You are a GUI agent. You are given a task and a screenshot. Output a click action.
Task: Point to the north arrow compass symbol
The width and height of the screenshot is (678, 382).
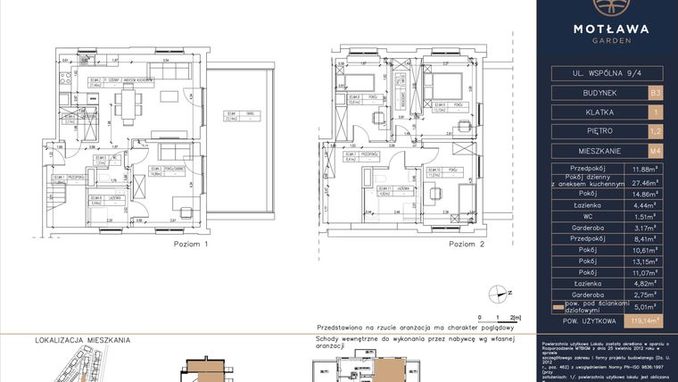(499, 291)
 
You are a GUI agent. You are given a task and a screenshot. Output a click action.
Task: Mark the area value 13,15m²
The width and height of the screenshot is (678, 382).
(645, 261)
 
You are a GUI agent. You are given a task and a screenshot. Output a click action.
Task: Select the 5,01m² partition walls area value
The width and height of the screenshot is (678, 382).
(645, 303)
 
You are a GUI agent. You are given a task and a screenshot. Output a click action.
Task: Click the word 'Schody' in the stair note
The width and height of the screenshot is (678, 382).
(317, 340)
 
